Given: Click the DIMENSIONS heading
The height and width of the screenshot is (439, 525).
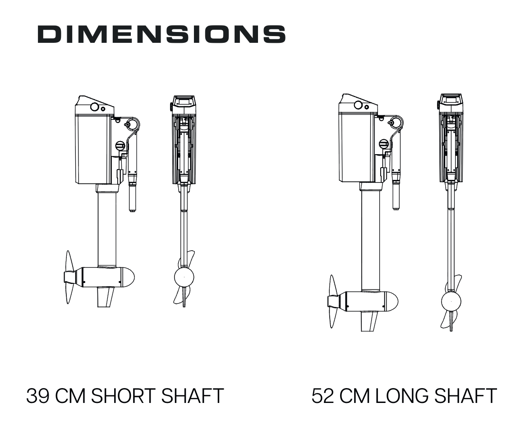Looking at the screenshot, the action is click(x=161, y=34).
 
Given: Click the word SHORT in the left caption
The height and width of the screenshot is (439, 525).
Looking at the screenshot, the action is click(x=124, y=396).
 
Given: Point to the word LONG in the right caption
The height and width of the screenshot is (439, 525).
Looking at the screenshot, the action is click(x=401, y=396).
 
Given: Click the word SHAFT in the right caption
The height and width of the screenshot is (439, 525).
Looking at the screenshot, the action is click(x=465, y=396).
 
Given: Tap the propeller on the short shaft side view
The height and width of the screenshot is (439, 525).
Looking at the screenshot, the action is click(x=69, y=277).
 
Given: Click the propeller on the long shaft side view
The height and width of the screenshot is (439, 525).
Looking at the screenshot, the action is click(x=333, y=302).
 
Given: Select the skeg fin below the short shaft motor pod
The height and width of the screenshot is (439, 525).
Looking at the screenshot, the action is click(x=106, y=297).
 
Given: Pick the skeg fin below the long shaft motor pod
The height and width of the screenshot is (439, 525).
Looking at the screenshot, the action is click(x=369, y=321).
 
